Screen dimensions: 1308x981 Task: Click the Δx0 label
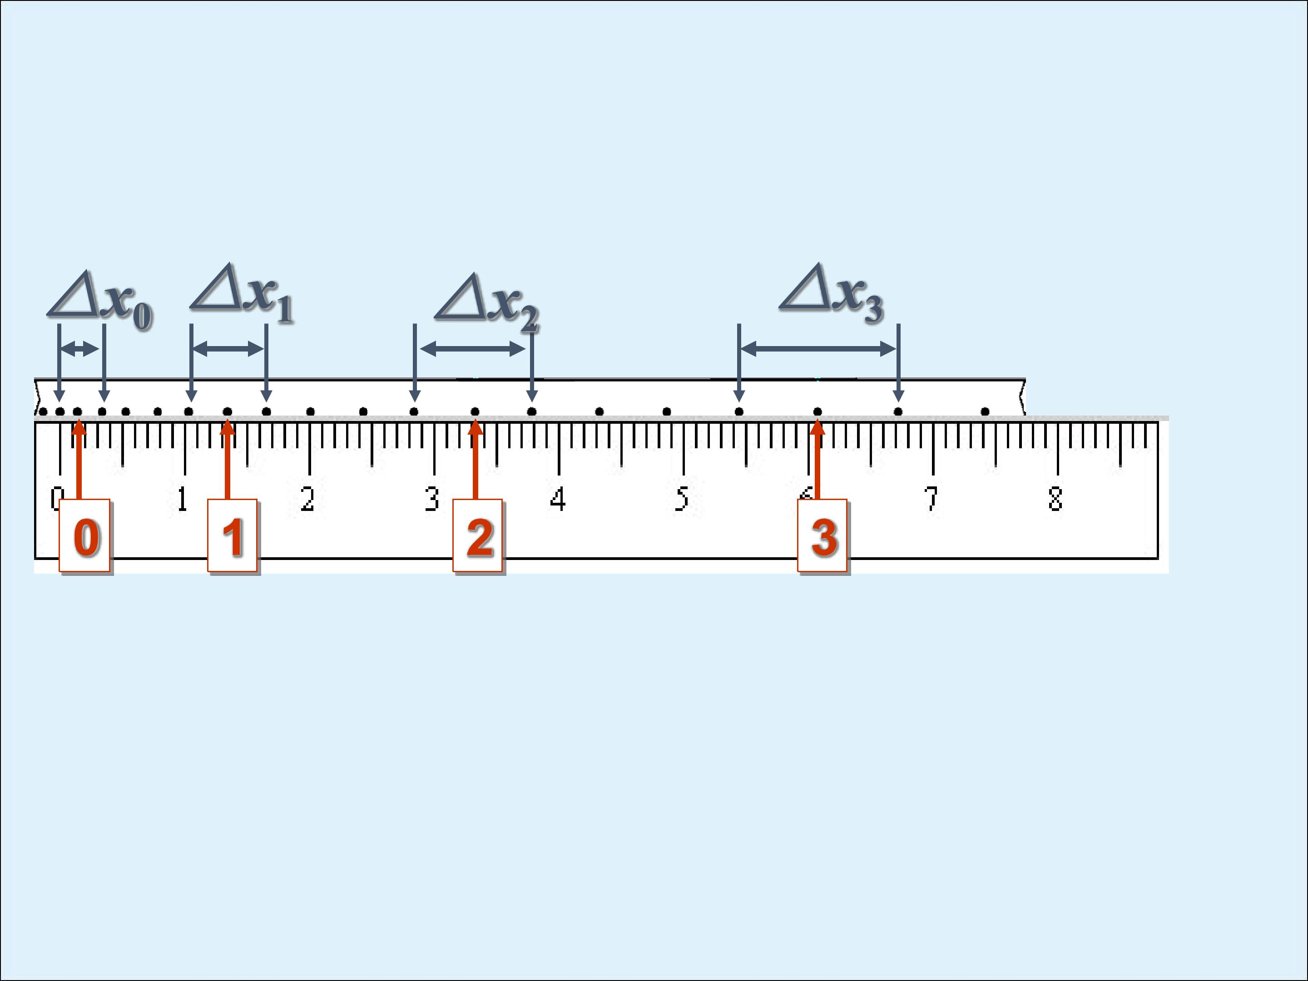click(x=100, y=301)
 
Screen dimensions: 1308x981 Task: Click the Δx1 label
click(x=242, y=293)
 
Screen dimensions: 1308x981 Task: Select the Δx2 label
click(x=487, y=303)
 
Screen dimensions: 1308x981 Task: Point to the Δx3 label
click(x=832, y=293)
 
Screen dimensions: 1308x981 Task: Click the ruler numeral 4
click(x=558, y=499)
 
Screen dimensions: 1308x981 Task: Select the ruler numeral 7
click(x=931, y=499)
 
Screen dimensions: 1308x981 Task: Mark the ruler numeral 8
click(x=1055, y=499)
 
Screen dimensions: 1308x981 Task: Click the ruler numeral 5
click(x=682, y=499)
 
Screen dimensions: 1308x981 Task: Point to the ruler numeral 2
click(x=307, y=499)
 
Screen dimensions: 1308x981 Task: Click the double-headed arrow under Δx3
click(x=818, y=349)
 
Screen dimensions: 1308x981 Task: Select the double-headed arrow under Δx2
click(x=472, y=349)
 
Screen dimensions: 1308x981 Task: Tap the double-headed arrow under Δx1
click(x=228, y=349)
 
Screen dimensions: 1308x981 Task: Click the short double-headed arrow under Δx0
click(x=80, y=349)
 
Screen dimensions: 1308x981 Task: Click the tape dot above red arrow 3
click(x=817, y=411)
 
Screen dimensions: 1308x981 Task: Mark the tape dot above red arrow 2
click(x=475, y=411)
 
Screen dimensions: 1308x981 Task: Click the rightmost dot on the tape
click(x=985, y=411)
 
